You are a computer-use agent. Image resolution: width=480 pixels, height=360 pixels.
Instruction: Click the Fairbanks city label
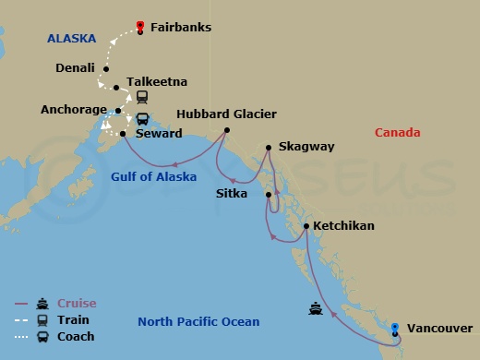point(181,29)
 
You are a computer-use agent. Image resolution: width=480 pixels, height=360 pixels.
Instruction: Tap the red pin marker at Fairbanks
point(139,26)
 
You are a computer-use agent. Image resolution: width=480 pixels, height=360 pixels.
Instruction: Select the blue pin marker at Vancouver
point(395,328)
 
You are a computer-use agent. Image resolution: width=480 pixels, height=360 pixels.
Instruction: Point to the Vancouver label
point(439,329)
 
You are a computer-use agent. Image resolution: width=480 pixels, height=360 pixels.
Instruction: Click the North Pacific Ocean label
point(198,321)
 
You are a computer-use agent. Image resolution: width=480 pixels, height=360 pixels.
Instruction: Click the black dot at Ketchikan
point(306,226)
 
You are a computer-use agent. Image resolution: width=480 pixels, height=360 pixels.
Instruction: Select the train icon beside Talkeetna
point(143,97)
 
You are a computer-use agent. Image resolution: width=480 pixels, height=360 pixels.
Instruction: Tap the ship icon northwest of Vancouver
point(316,309)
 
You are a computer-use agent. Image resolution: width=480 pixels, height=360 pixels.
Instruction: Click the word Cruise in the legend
point(77,304)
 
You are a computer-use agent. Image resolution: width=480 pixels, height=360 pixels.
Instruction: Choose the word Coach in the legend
point(76,337)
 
